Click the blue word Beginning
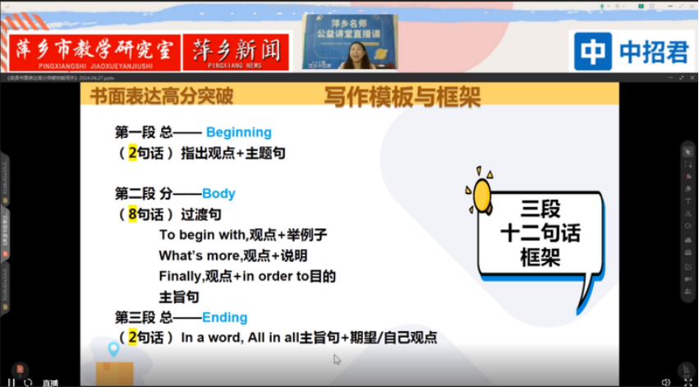[238, 131]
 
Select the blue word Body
[218, 193]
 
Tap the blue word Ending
[224, 317]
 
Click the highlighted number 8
[132, 214]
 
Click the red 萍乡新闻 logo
[234, 52]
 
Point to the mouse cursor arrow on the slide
[337, 359]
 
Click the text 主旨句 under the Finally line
[178, 297]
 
